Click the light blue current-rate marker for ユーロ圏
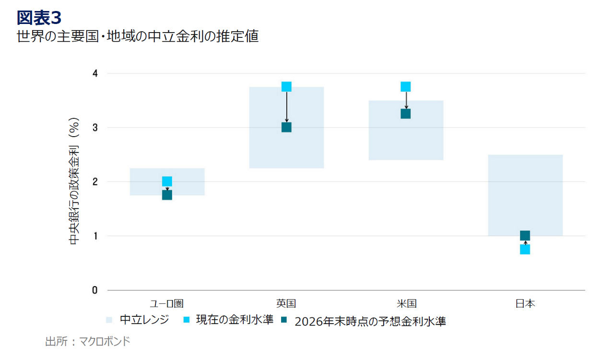pos(167,181)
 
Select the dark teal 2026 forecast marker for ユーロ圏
pos(167,195)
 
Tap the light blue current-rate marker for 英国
pos(286,87)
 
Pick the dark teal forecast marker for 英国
pos(286,127)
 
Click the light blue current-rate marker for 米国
pos(405,87)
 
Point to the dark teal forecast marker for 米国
pos(405,114)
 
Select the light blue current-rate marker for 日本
pos(525,249)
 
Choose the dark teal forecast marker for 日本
pos(525,235)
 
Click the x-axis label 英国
pos(286,303)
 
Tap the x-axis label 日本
pos(525,303)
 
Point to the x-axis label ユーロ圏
pos(167,303)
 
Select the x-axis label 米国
pos(406,303)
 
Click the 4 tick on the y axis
pos(95,73)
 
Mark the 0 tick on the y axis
pos(95,290)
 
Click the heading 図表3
pos(39,18)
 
